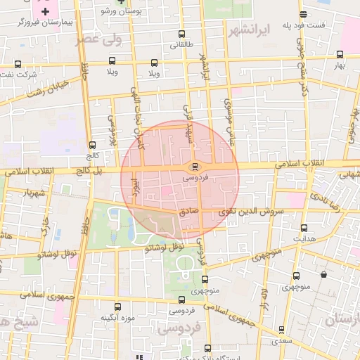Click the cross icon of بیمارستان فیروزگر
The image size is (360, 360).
46,12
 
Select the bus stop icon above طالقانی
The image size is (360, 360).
182,34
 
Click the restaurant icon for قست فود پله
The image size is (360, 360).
303,14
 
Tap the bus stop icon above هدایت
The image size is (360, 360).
304,228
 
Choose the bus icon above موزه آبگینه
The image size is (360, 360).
117,307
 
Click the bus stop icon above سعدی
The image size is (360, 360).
281,329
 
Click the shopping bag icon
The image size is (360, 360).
323,275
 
